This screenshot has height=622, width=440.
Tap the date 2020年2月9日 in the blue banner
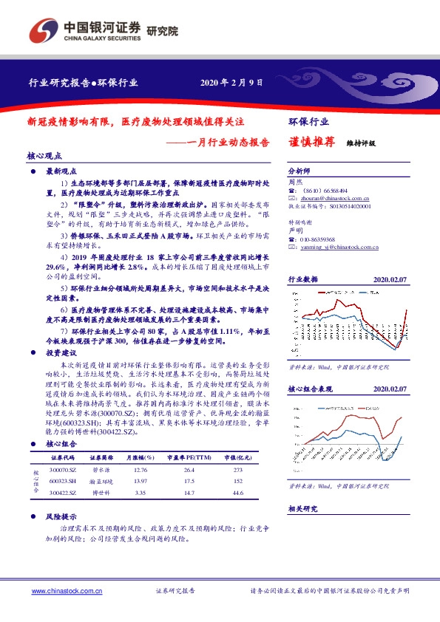click(231, 82)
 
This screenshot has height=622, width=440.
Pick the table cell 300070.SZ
click(64, 470)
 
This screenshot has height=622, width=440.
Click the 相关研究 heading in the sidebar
click(302, 509)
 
